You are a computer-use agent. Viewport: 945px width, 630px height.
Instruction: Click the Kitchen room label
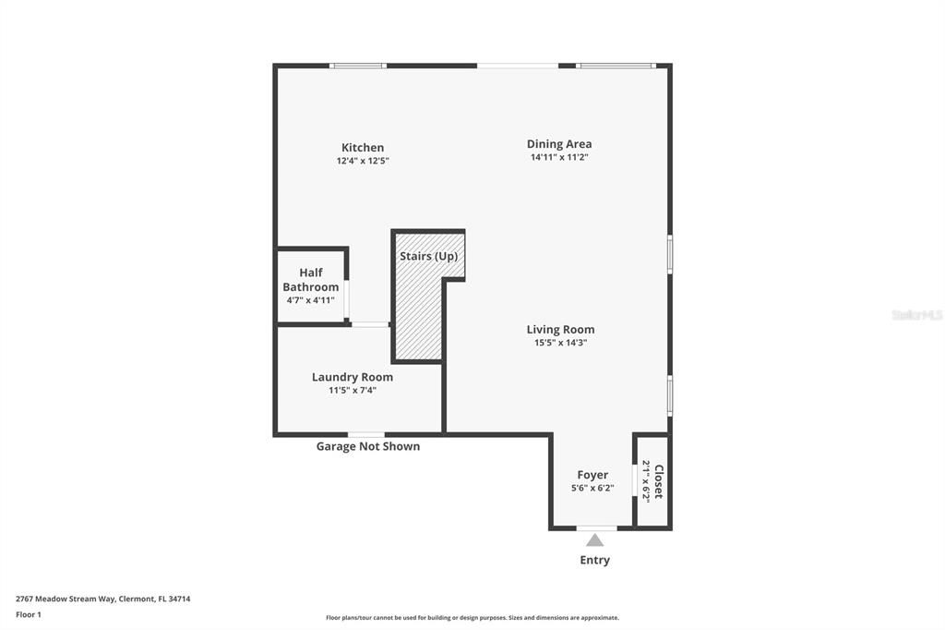click(363, 148)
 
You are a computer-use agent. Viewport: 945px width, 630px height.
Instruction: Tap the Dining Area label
click(559, 144)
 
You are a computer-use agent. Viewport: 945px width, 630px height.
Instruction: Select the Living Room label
click(560, 330)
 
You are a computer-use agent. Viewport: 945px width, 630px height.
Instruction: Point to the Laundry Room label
click(353, 377)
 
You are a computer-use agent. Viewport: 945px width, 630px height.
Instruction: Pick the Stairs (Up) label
click(428, 256)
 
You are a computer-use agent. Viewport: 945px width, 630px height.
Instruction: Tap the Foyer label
click(592, 475)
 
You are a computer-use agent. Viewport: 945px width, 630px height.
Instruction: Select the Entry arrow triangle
click(595, 540)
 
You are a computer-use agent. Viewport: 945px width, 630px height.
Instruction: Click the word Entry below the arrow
click(595, 560)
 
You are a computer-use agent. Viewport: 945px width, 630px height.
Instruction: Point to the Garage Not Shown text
click(368, 446)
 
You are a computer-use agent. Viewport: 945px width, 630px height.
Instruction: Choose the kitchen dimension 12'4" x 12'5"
click(363, 161)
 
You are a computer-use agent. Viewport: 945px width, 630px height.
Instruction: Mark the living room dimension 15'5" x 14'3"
click(560, 343)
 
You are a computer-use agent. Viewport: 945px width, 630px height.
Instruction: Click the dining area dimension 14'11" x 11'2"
click(559, 157)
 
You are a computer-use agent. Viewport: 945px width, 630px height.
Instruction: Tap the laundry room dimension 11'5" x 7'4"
click(353, 390)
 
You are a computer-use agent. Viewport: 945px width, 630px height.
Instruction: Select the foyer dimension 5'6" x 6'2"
click(592, 488)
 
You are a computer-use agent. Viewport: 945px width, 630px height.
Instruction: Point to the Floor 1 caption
click(29, 614)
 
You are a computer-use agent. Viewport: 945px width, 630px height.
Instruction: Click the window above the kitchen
click(358, 66)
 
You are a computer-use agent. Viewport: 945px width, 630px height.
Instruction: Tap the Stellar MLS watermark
click(916, 315)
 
